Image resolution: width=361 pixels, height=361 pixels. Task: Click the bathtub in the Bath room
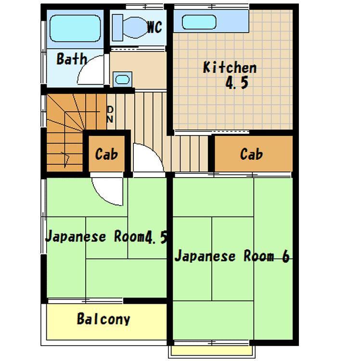point(75,28)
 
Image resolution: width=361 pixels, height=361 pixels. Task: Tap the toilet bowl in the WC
point(135,27)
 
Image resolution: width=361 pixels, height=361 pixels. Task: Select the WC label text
point(155,27)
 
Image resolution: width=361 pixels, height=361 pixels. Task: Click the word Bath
point(72,59)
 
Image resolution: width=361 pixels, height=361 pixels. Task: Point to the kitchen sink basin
point(199,22)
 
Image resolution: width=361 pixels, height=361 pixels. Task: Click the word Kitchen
point(230,67)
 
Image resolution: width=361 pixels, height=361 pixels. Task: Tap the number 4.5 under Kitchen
point(237,83)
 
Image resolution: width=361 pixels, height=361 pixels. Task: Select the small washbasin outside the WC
point(122,79)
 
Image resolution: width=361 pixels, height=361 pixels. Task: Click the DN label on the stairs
point(110,115)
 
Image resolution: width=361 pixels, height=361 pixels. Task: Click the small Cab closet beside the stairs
point(107,154)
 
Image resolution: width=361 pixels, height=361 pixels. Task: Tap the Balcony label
point(103,319)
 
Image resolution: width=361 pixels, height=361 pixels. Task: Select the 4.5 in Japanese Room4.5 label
point(156,237)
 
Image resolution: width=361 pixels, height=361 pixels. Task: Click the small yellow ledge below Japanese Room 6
point(212,351)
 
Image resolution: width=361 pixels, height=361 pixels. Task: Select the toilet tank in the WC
point(117,27)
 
